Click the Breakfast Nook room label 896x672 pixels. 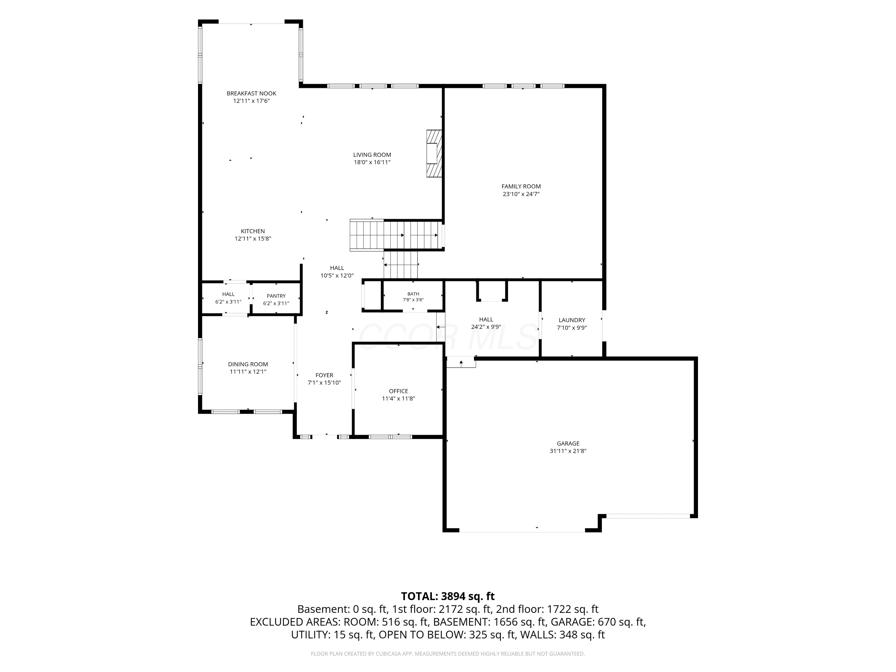(x=251, y=93)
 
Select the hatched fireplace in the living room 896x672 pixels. (x=434, y=154)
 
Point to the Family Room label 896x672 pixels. (x=521, y=186)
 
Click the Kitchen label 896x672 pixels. (x=253, y=231)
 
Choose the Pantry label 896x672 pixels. (x=276, y=296)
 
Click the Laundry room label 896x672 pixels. (x=572, y=320)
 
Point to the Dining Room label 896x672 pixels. (x=248, y=364)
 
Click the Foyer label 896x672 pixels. (x=324, y=375)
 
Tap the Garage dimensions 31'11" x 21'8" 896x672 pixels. (x=568, y=451)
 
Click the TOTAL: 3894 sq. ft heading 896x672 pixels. (x=448, y=596)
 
